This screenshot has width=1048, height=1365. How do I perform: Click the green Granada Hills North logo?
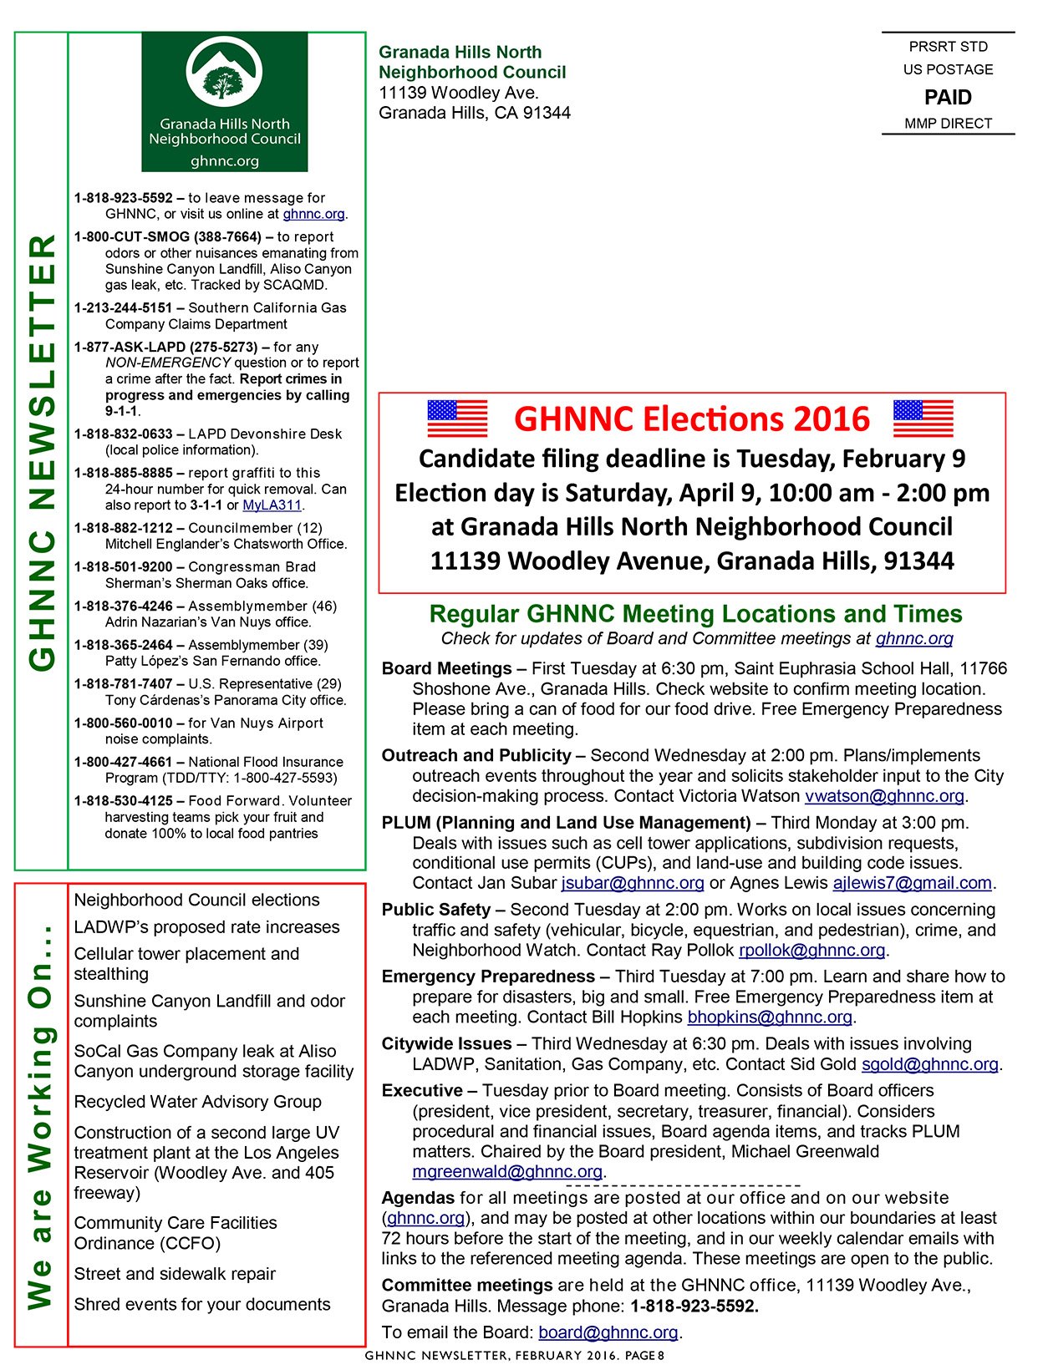224,101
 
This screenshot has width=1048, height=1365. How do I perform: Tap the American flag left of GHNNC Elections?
457,418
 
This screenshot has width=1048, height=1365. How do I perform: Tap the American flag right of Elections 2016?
923,418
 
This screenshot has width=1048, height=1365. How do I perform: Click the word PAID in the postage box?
948,98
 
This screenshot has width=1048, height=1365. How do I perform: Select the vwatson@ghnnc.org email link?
884,796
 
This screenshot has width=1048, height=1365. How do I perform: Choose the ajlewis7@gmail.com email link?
912,883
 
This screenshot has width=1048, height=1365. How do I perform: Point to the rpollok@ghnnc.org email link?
811,950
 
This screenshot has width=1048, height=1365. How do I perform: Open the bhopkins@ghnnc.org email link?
770,1017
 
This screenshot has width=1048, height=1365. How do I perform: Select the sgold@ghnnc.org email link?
930,1064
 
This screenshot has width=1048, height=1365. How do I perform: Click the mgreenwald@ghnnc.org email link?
507,1172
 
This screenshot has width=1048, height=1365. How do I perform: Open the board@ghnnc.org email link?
608,1332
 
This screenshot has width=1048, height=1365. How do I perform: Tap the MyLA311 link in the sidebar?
272,505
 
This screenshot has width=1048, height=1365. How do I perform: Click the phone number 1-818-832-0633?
123,434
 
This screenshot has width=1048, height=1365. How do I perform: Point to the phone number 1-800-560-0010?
123,723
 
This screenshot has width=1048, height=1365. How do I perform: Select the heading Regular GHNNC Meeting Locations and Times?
695,614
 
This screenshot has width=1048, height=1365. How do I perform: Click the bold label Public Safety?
435,910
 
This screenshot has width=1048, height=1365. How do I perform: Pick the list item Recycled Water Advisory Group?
198,1102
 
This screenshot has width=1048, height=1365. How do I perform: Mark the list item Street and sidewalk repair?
175,1274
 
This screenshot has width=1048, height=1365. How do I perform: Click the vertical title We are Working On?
41,1116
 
